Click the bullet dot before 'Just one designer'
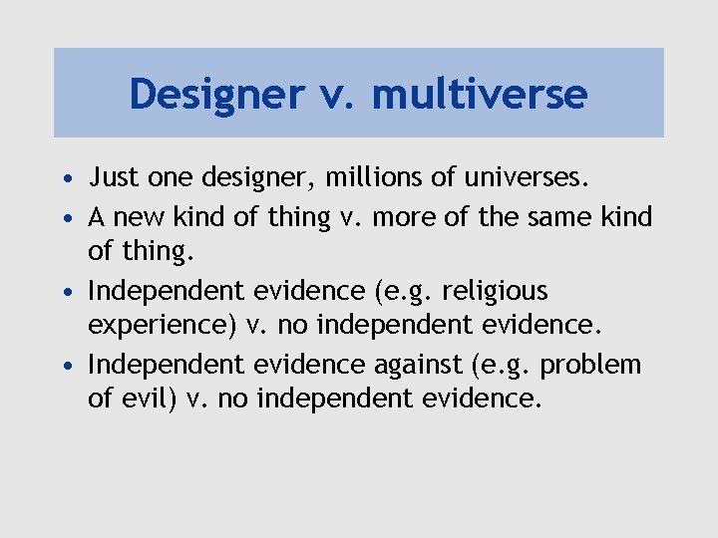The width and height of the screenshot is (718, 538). (66, 180)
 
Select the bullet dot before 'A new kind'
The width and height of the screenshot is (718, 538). (66, 217)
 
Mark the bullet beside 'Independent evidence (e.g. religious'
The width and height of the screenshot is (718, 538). (66, 291)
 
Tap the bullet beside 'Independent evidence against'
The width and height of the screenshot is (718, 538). (66, 366)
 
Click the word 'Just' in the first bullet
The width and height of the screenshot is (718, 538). (112, 179)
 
